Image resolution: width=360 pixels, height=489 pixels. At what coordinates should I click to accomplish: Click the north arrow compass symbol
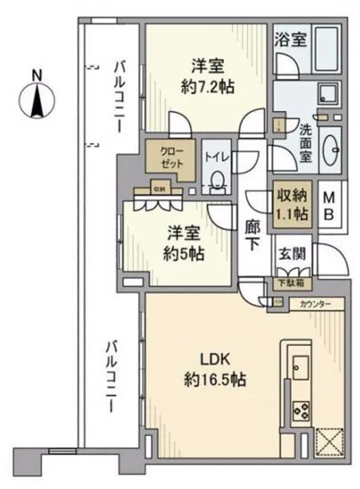(37, 105)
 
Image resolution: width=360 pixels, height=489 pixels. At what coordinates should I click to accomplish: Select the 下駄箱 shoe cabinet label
(287, 283)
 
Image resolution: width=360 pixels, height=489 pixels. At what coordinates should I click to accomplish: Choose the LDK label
(217, 362)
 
